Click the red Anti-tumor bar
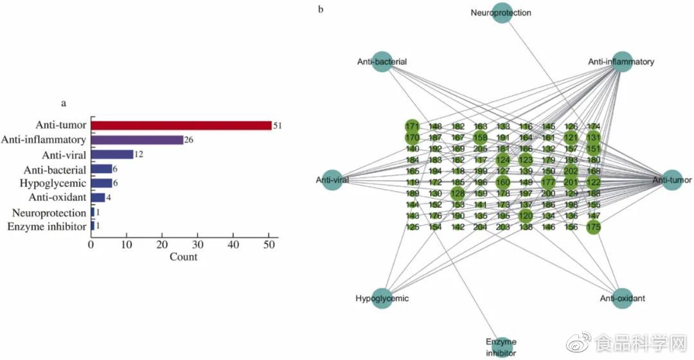click(181, 125)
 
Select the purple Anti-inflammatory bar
click(136, 139)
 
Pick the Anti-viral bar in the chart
click(112, 154)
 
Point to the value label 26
click(188, 139)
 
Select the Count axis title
click(183, 257)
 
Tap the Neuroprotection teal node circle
click(503, 13)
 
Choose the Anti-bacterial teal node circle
click(382, 62)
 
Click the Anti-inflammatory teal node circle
click(622, 62)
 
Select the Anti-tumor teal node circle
click(672, 181)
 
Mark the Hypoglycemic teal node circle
click(382, 298)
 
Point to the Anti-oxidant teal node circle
click(622, 298)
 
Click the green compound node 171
click(412, 127)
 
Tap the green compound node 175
click(593, 227)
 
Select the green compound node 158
click(480, 137)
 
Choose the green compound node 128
click(457, 194)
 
